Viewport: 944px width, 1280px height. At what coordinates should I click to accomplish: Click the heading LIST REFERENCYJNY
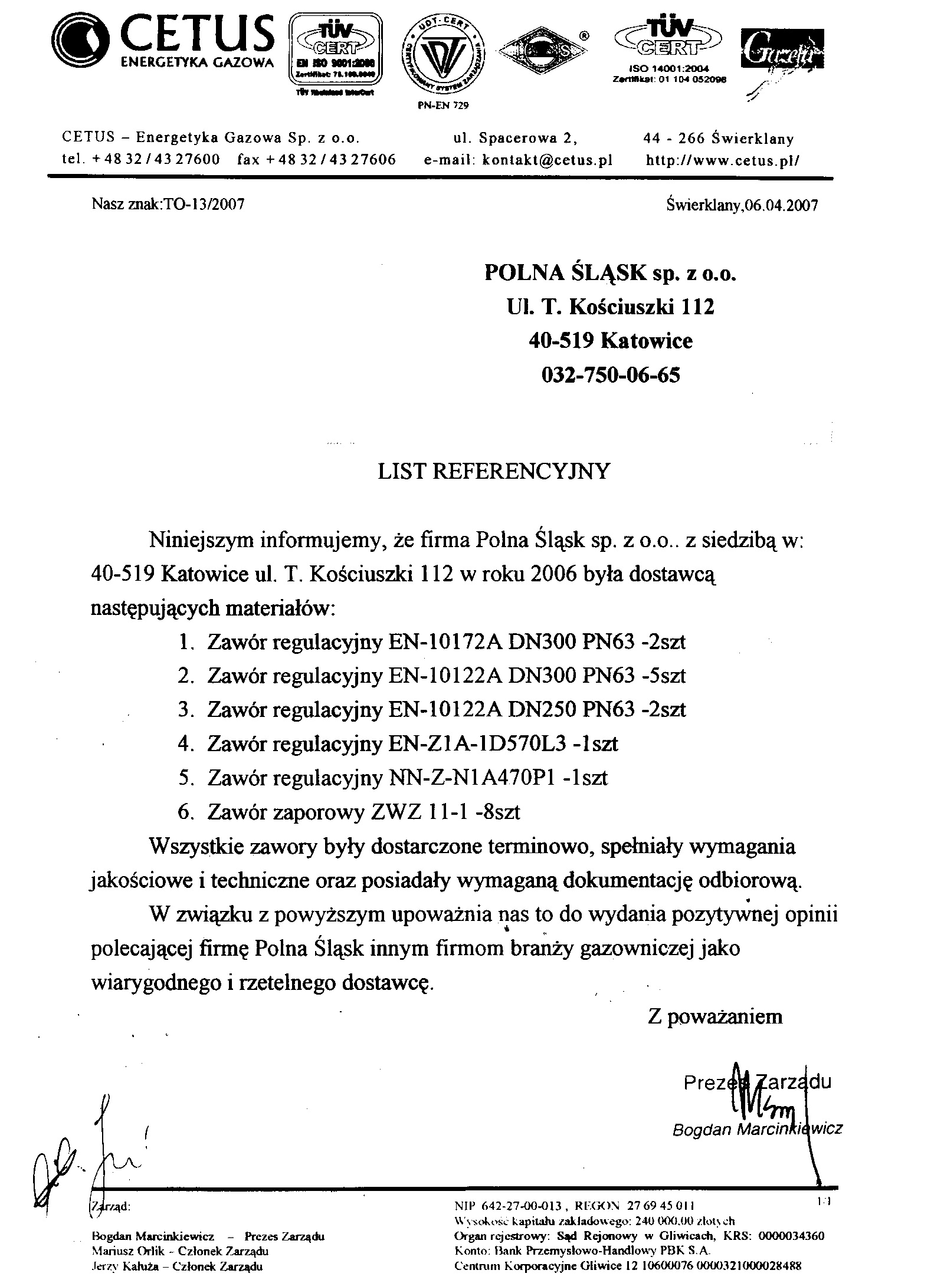493,471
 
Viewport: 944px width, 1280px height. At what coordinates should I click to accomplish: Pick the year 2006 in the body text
553,574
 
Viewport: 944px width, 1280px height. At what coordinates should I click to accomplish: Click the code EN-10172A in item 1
445,641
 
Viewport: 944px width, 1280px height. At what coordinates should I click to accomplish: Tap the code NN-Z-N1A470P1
474,778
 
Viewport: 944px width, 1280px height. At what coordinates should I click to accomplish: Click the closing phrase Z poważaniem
714,1016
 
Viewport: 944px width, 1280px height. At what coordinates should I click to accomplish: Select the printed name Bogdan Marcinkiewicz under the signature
757,1129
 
